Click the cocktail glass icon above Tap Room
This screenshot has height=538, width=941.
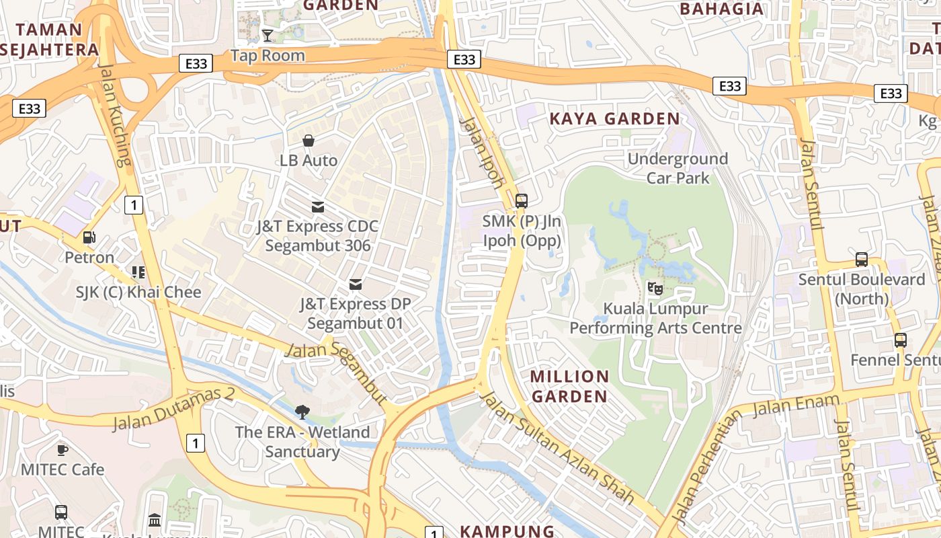[268, 35]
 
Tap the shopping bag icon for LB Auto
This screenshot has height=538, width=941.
[309, 141]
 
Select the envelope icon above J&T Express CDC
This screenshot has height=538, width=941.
[317, 206]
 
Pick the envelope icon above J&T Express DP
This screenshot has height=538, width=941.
[356, 284]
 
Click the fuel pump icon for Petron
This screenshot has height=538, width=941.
[89, 237]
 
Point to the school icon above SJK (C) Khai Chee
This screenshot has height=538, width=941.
[138, 272]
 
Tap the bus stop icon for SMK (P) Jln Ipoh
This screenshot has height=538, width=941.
[521, 200]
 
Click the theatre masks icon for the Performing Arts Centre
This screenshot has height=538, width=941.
[655, 289]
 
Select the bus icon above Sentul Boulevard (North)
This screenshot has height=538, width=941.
[861, 259]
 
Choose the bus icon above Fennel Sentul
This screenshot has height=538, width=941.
[900, 340]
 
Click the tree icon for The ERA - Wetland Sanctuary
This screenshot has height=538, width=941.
[302, 412]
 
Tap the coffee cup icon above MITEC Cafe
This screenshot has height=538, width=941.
[63, 449]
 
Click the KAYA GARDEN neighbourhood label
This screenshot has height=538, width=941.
[615, 119]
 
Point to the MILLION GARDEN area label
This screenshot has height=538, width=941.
[570, 386]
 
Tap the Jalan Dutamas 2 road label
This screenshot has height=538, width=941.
[173, 409]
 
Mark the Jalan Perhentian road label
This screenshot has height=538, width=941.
[705, 467]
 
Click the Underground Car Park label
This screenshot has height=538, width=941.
[678, 168]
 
